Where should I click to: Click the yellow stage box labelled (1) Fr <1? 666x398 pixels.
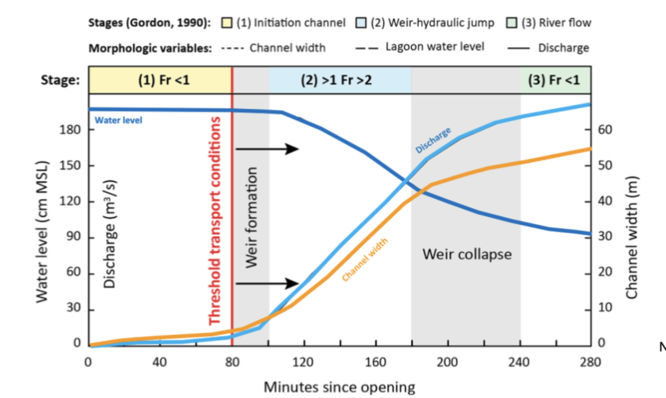pos(161,81)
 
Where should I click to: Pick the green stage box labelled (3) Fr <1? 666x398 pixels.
pos(556,81)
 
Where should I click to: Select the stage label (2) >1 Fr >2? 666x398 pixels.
pos(339,81)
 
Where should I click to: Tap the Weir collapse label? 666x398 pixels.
pos(466,255)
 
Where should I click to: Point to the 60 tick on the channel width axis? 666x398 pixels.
pos(605,130)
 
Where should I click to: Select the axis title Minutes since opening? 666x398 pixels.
pos(338,386)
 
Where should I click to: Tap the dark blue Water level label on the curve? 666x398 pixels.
pos(118,121)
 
